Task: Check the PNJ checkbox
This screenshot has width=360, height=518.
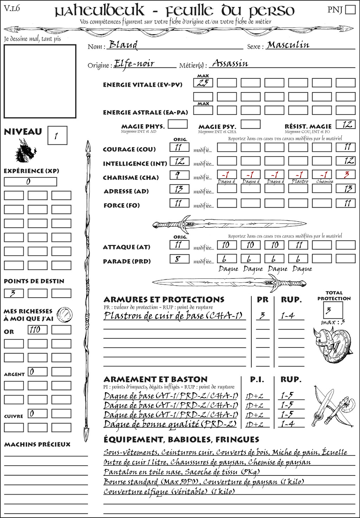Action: point(350,9)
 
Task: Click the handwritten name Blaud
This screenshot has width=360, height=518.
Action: point(123,45)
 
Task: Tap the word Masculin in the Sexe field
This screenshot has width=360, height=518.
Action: point(288,45)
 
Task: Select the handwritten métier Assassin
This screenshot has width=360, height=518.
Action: point(230,64)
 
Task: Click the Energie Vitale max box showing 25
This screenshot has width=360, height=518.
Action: point(203,83)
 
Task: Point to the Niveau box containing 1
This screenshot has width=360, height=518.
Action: point(57,136)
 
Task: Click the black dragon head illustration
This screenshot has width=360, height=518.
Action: point(25,151)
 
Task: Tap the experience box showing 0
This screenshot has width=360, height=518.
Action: point(30,182)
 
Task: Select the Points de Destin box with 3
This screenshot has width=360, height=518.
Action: point(14,293)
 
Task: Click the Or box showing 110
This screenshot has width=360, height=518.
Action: point(38,330)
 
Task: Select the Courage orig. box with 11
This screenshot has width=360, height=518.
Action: point(179,147)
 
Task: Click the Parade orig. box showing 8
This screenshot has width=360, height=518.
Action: point(179,259)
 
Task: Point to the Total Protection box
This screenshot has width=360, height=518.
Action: point(333,310)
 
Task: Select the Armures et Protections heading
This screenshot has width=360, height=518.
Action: point(164,299)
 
